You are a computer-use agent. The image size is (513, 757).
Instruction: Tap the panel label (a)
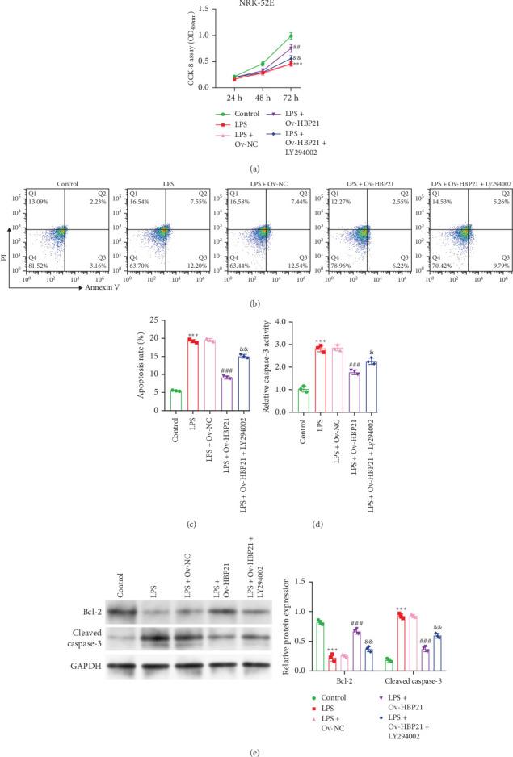tap(256, 169)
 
